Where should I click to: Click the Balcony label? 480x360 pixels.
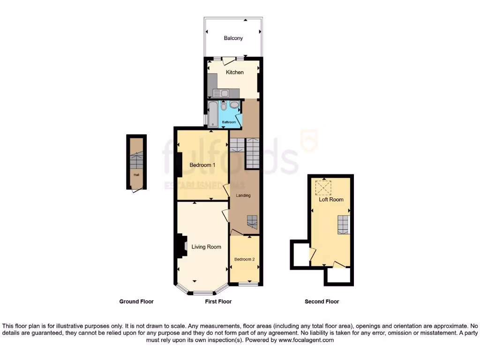tap(233, 38)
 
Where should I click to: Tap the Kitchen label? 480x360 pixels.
tap(235, 72)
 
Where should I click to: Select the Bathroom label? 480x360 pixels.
tap(229, 122)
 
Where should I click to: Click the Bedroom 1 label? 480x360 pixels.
tap(202, 165)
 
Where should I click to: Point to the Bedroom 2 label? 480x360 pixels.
tap(245, 259)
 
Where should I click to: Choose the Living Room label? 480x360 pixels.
tap(206, 247)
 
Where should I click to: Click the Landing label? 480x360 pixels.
tap(243, 195)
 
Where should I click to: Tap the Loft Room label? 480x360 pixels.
tap(331, 199)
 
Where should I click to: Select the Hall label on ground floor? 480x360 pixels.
tap(136, 175)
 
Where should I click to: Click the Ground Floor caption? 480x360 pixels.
tap(136, 301)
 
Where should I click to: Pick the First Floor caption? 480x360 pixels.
tap(218, 301)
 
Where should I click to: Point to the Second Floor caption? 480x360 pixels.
tap(322, 301)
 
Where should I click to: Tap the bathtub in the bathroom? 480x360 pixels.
tap(213, 114)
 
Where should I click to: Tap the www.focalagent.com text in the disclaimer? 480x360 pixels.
tap(307, 340)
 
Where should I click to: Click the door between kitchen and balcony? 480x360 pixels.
tap(229, 60)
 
